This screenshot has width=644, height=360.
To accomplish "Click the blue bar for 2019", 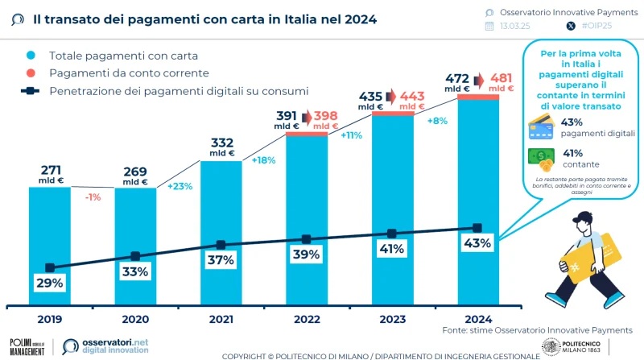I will tap(50, 242).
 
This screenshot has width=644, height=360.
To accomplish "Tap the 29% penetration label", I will tap(50, 283).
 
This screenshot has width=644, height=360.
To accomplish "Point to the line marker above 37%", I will tap(221, 245).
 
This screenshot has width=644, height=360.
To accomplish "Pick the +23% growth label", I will tap(179, 186).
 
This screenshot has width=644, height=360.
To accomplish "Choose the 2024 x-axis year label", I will tap(477, 319).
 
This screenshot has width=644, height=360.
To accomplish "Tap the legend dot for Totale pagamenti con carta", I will tap(31, 56).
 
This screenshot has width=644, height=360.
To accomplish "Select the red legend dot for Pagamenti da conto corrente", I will tap(31, 73).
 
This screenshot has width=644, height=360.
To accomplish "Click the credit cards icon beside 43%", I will tap(540, 127).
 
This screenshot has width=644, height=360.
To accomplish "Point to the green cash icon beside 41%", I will tap(540, 157).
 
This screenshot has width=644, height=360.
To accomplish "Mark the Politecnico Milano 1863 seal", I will tap(551, 346).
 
